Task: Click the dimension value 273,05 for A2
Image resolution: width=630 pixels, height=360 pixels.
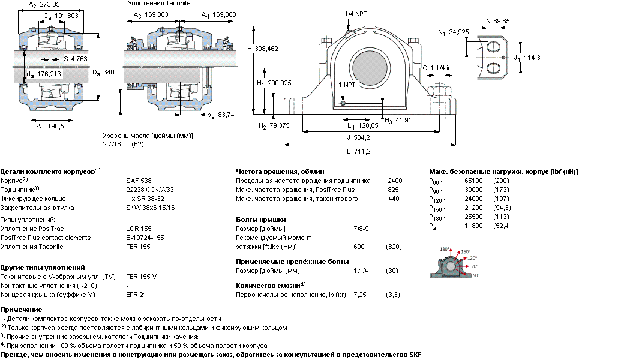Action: point(49,4)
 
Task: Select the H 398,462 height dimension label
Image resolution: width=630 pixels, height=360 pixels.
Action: point(262,49)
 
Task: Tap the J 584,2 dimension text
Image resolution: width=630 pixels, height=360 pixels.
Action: point(358,137)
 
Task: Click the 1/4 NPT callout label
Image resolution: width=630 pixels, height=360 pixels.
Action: point(356,14)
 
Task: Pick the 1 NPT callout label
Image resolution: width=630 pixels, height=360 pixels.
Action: point(347,85)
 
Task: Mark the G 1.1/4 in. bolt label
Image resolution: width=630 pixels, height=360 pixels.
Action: point(437,68)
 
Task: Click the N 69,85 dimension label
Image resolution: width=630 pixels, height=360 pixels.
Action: point(497,21)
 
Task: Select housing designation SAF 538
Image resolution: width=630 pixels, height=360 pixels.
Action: point(139,181)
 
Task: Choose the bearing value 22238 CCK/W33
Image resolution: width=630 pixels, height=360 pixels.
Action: point(150,190)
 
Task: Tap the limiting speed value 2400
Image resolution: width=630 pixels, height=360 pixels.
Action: point(395,181)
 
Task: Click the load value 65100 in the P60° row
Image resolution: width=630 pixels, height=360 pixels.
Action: point(473,181)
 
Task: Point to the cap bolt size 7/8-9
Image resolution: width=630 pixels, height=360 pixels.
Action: point(361,229)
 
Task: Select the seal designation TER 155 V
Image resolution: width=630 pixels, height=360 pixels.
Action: point(142,277)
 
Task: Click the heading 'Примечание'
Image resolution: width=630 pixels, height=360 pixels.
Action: point(21,310)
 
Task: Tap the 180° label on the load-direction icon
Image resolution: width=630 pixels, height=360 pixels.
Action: point(445,249)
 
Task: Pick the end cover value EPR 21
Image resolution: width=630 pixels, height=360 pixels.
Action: point(136,295)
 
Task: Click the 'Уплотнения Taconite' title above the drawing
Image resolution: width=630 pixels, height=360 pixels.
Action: point(159,4)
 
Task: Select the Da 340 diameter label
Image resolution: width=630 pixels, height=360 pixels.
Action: point(103,73)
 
